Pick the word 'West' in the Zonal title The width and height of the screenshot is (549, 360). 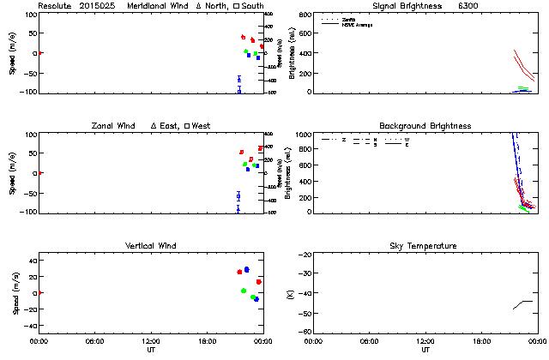202,126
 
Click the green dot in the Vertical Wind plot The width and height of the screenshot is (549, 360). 244,291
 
